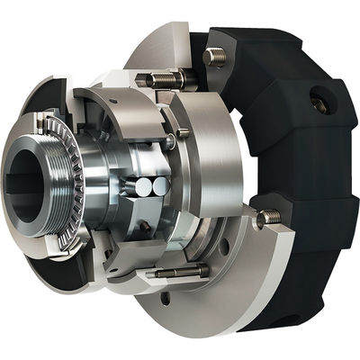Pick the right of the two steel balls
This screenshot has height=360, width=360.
pos(160,186)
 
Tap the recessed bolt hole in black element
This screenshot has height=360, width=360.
pos(319,104)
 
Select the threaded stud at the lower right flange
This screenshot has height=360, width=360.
pos(267,217)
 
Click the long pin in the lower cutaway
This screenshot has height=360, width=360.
pos(180,271)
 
